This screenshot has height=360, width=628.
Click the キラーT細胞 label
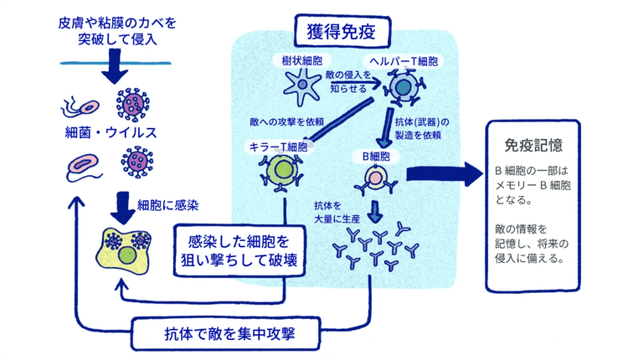pyautogui.click(x=278, y=147)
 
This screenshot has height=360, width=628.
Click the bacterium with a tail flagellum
pyautogui.click(x=77, y=106)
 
